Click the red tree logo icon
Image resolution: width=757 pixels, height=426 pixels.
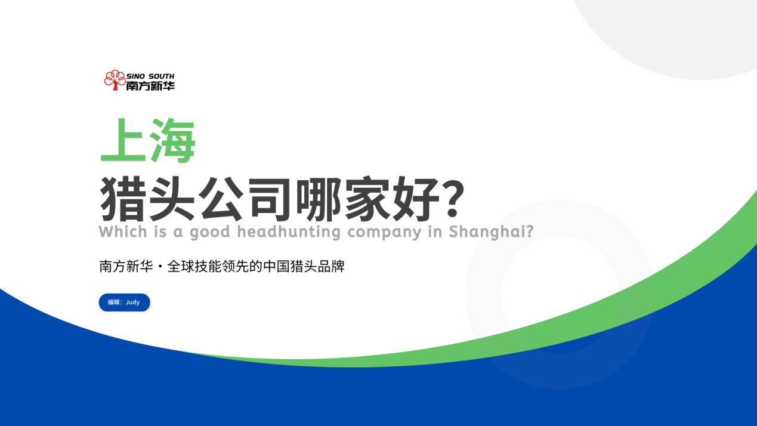pyautogui.click(x=115, y=80)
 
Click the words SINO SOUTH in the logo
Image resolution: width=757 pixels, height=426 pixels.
pyautogui.click(x=150, y=76)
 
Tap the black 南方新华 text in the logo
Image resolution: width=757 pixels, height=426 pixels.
pyautogui.click(x=150, y=86)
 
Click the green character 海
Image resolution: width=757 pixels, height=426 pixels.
pyautogui.click(x=172, y=140)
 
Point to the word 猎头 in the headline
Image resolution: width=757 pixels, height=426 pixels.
pyautogui.click(x=147, y=199)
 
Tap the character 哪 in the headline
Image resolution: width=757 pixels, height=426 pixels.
pyautogui.click(x=319, y=199)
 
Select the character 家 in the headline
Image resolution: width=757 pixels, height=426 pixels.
pyautogui.click(x=367, y=199)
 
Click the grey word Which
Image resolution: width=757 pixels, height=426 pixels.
pyautogui.click(x=123, y=232)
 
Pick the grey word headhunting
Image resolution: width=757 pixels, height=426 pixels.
pyautogui.click(x=289, y=232)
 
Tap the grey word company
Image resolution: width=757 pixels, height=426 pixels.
pyautogui.click(x=384, y=233)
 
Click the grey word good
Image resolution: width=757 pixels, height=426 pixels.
pyautogui.click(x=210, y=233)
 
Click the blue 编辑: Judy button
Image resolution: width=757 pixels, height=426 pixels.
pyautogui.click(x=124, y=302)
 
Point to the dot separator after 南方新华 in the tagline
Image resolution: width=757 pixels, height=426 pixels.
pyautogui.click(x=160, y=267)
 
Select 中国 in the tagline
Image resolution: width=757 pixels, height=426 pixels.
pyautogui.click(x=276, y=267)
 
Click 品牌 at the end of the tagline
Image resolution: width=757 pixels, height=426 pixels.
pyautogui.click(x=331, y=267)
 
